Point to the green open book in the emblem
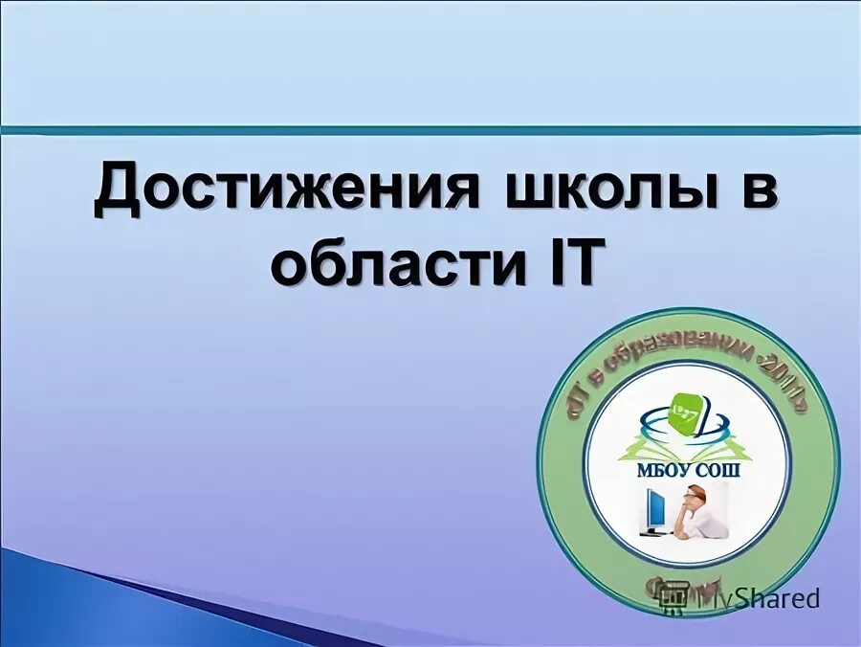pyautogui.click(x=688, y=446)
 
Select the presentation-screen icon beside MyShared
pyautogui.click(x=674, y=600)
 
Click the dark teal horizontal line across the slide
pyautogui.click(x=430, y=129)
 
